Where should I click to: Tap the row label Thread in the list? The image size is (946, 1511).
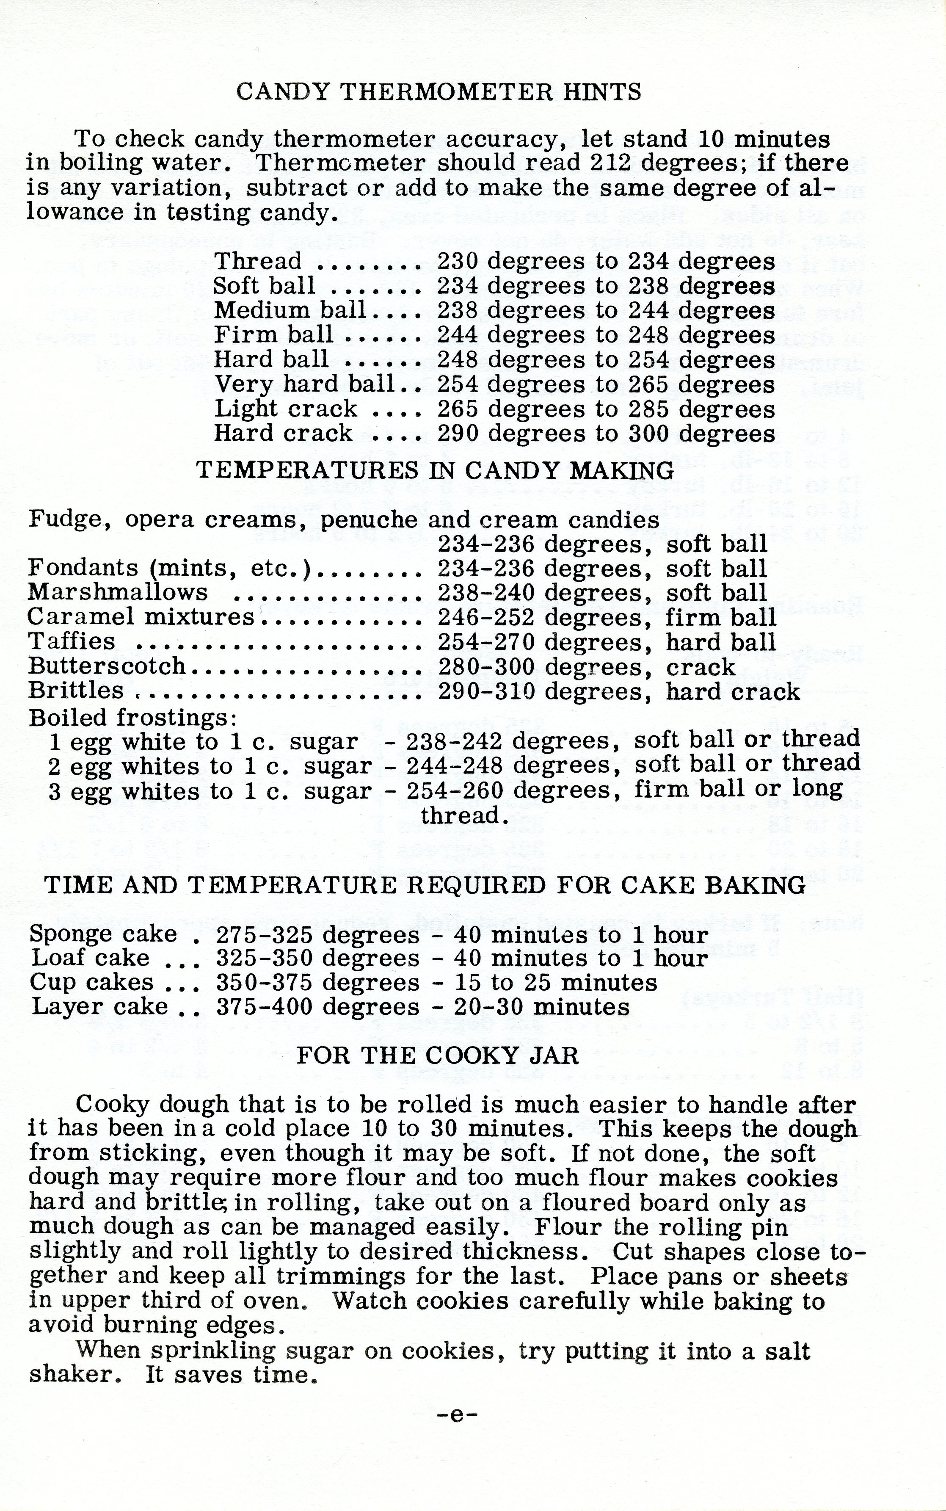coord(258,261)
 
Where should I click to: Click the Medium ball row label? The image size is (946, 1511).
coord(290,310)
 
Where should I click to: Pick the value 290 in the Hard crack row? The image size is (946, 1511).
coord(458,433)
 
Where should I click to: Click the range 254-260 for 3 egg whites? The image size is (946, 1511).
coord(455,791)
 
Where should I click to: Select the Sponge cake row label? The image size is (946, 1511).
coord(104,934)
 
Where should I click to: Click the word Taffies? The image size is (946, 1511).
coord(72,641)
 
